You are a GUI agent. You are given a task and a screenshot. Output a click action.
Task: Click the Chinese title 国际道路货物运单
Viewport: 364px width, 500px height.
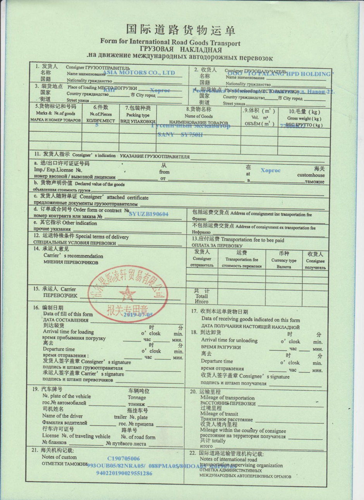(x=180, y=30)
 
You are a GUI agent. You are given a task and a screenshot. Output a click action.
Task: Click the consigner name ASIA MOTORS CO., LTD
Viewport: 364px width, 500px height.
(x=139, y=72)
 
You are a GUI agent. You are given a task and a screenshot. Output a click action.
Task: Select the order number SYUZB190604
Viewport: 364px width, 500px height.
(x=148, y=214)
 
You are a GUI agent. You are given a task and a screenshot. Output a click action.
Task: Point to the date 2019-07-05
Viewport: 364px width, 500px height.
(x=138, y=315)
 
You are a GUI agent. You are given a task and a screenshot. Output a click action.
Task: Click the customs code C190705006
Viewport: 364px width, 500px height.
(x=124, y=459)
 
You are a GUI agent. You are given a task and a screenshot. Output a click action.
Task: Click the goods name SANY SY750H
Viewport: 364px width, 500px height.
(x=180, y=135)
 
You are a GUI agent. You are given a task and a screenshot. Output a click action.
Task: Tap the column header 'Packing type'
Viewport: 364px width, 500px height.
(x=137, y=115)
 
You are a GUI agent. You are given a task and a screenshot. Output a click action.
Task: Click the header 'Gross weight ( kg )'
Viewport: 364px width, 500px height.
(x=304, y=119)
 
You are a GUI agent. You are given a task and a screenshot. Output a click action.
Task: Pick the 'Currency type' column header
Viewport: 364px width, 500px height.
(x=284, y=261)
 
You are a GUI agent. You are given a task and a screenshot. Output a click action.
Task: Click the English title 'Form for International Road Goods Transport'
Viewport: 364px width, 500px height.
(x=170, y=42)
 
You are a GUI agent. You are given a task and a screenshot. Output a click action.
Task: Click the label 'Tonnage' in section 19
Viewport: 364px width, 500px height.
(x=137, y=397)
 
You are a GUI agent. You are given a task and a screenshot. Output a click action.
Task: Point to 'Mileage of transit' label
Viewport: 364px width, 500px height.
(x=219, y=414)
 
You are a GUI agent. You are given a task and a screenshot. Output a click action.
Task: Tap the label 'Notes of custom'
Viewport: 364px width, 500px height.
(x=59, y=457)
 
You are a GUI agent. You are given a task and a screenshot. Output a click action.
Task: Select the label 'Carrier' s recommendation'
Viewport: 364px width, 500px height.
(x=73, y=256)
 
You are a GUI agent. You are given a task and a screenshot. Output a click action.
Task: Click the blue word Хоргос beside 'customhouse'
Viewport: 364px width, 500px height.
(x=270, y=170)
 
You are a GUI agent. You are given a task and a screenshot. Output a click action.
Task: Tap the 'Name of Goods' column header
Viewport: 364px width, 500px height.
(x=198, y=116)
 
